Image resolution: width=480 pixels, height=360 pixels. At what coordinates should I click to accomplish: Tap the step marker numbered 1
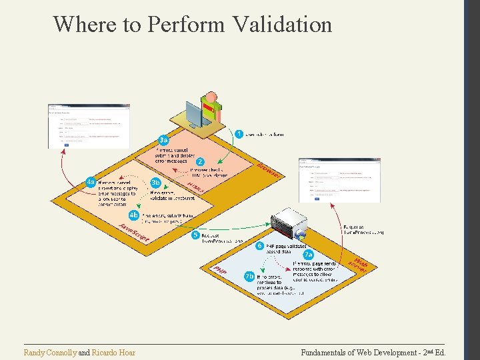[x=239, y=134]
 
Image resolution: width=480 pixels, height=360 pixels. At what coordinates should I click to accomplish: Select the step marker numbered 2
[x=200, y=161]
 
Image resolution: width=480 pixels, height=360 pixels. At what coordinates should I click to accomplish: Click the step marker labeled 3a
[x=163, y=140]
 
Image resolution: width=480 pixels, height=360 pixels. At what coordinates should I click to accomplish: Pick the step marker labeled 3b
[x=156, y=182]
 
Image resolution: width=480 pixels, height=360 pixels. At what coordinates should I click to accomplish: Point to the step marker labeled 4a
[x=90, y=182]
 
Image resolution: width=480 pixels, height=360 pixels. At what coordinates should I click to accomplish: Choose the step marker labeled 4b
[x=134, y=215]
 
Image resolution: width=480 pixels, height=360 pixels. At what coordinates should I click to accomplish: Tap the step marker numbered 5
[x=195, y=235]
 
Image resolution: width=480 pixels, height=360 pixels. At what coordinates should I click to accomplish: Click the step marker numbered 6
[x=259, y=246]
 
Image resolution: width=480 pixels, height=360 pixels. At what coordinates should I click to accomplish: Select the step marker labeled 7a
[x=308, y=255]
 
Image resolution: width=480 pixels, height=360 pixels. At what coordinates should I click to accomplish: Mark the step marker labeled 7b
[x=249, y=276]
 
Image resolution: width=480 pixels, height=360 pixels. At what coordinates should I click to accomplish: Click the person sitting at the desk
[x=212, y=107]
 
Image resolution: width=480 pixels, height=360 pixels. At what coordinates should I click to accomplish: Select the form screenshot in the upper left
[x=89, y=126]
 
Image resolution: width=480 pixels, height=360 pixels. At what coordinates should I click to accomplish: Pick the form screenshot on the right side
[x=340, y=179]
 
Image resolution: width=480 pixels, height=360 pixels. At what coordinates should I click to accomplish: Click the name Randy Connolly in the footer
[x=50, y=352]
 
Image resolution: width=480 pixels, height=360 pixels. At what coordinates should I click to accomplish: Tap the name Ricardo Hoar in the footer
[x=113, y=352]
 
